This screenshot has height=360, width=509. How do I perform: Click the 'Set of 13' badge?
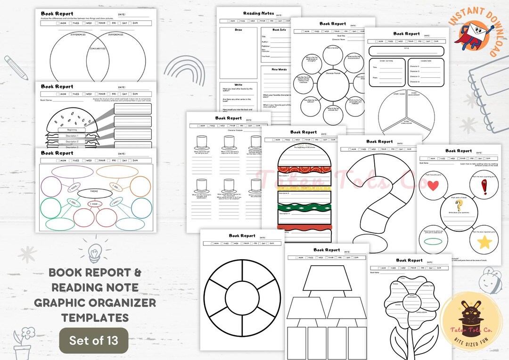[x=93, y=340]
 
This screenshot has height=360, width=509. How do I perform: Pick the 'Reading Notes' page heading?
[x=258, y=14]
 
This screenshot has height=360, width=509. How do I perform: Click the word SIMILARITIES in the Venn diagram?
[x=98, y=49]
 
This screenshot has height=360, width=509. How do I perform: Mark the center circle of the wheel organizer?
[x=242, y=296]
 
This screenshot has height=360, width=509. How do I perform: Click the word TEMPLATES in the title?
[x=94, y=317]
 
